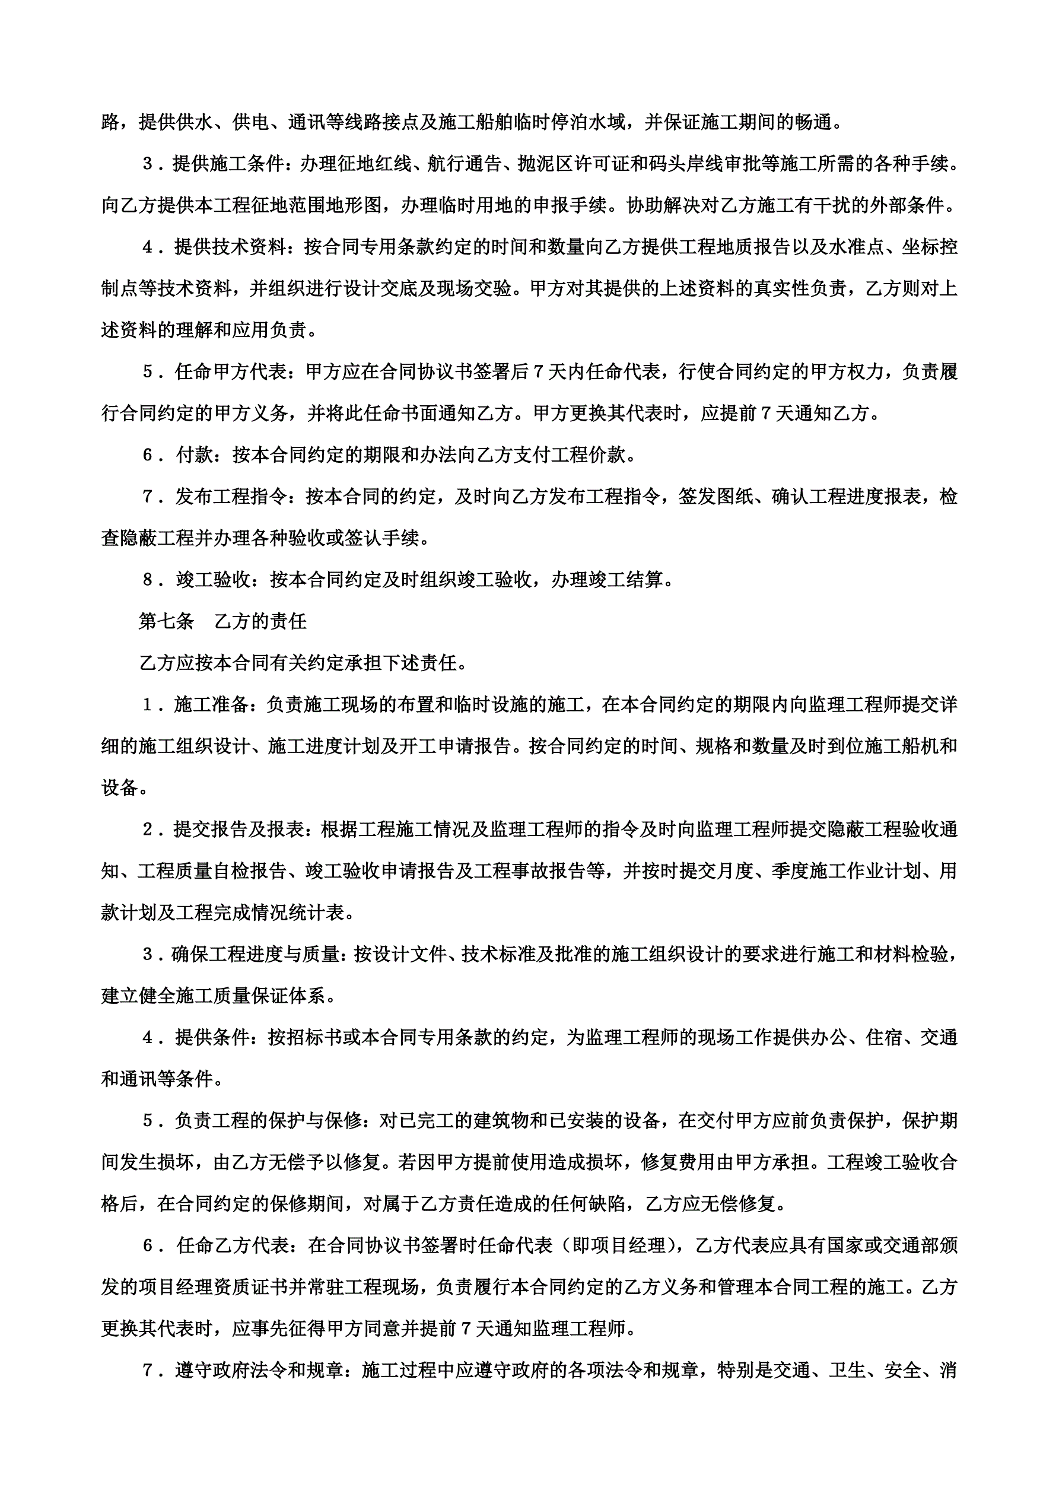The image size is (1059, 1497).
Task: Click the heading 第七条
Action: coord(166,621)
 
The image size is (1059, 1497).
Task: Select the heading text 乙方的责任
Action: coord(260,621)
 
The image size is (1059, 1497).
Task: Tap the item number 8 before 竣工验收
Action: coord(148,579)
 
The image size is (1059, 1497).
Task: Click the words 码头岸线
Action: coord(686,164)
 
